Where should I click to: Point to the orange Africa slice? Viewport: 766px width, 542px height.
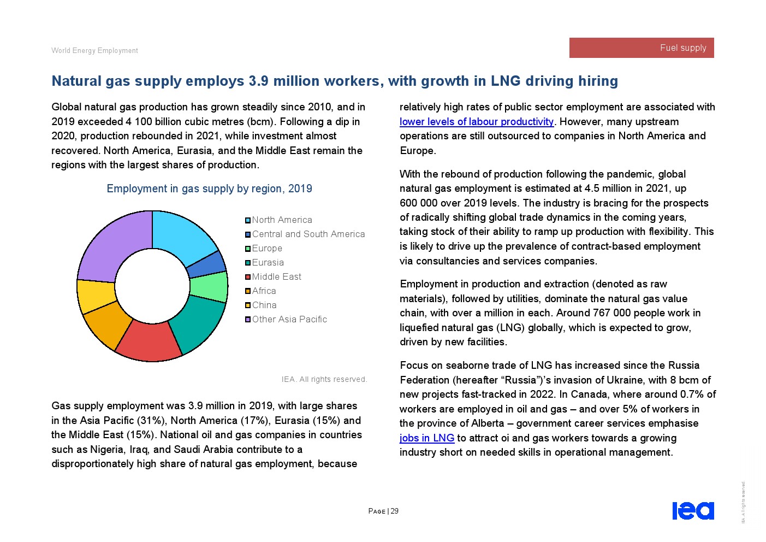pyautogui.click(x=107, y=325)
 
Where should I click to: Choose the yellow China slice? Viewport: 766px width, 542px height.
pyautogui.click(x=96, y=296)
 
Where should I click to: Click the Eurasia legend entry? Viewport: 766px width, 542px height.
pyautogui.click(x=268, y=263)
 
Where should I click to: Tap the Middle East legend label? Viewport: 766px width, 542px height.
pyautogui.click(x=276, y=277)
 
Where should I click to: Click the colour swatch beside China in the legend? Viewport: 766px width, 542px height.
pyautogui.click(x=248, y=305)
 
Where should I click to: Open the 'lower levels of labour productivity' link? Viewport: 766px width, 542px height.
pyautogui.click(x=476, y=122)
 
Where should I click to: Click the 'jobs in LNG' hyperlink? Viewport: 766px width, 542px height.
pyautogui.click(x=426, y=438)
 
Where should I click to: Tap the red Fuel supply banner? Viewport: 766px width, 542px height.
pyautogui.click(x=642, y=48)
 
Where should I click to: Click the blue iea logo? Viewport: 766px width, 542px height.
pyautogui.click(x=693, y=511)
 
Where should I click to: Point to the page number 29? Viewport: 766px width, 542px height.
pyautogui.click(x=395, y=511)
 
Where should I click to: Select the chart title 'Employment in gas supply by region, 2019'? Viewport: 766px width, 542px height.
pyautogui.click(x=209, y=189)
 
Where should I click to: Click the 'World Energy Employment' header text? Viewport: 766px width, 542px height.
pyautogui.click(x=94, y=51)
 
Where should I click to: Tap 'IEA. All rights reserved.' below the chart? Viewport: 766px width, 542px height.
pyautogui.click(x=324, y=380)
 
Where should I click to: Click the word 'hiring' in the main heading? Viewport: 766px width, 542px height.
pyautogui.click(x=598, y=81)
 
